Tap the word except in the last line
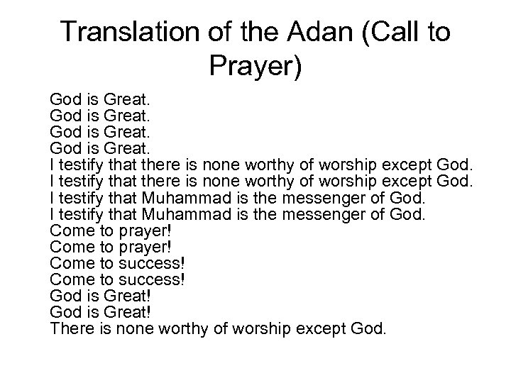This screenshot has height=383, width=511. [324, 329]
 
